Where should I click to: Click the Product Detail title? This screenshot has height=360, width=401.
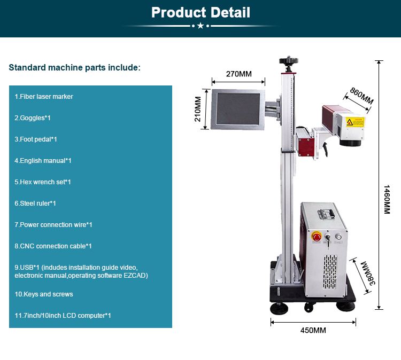pyautogui.click(x=200, y=12)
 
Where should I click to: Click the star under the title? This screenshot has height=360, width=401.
pyautogui.click(x=200, y=26)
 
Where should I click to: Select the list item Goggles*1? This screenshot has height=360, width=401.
pyautogui.click(x=33, y=118)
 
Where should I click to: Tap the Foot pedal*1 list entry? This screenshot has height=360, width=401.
pyautogui.click(x=36, y=139)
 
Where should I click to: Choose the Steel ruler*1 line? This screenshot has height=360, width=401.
pyautogui.click(x=35, y=204)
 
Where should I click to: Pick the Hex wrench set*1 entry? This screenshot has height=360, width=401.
pyautogui.click(x=43, y=182)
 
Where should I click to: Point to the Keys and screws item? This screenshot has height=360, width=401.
pyautogui.click(x=44, y=294)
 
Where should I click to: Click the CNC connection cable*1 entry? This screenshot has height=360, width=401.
pyautogui.click(x=53, y=246)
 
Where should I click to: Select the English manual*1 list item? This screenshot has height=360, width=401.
pyautogui.click(x=43, y=161)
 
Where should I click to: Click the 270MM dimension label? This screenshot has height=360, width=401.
pyautogui.click(x=238, y=74)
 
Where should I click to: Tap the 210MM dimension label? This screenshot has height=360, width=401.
pyautogui.click(x=198, y=109)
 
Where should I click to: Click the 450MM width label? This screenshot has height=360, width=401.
pyautogui.click(x=313, y=331)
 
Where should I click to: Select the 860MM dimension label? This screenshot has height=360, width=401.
pyautogui.click(x=361, y=96)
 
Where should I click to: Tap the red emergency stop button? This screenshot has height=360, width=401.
pyautogui.click(x=316, y=237)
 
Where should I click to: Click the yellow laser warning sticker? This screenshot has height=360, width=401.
pyautogui.click(x=354, y=122)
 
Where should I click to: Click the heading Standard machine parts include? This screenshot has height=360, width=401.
pyautogui.click(x=75, y=68)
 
